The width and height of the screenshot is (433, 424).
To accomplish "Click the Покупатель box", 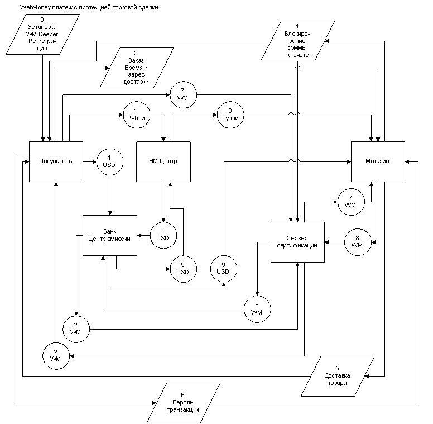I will pos(56,161).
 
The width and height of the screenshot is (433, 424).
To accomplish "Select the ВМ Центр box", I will pos(163,161).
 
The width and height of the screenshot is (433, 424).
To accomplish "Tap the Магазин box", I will pos(378,161).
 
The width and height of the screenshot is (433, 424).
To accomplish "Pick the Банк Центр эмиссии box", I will pos(110,235).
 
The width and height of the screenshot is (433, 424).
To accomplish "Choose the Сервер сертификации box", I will pos(297,242).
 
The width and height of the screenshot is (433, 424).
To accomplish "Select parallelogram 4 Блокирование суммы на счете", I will pos(297,41).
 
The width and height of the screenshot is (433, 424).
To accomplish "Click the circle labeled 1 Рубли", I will pos(136,116).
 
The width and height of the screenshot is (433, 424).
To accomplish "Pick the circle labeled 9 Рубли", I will pos(230,116).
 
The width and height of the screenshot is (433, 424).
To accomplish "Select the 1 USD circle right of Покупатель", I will pos(109,162).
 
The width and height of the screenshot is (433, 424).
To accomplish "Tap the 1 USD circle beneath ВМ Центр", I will pos(162,235).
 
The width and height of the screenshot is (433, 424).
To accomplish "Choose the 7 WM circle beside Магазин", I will pos(350,202).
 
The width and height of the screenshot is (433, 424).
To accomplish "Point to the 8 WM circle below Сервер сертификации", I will pos(257,309).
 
